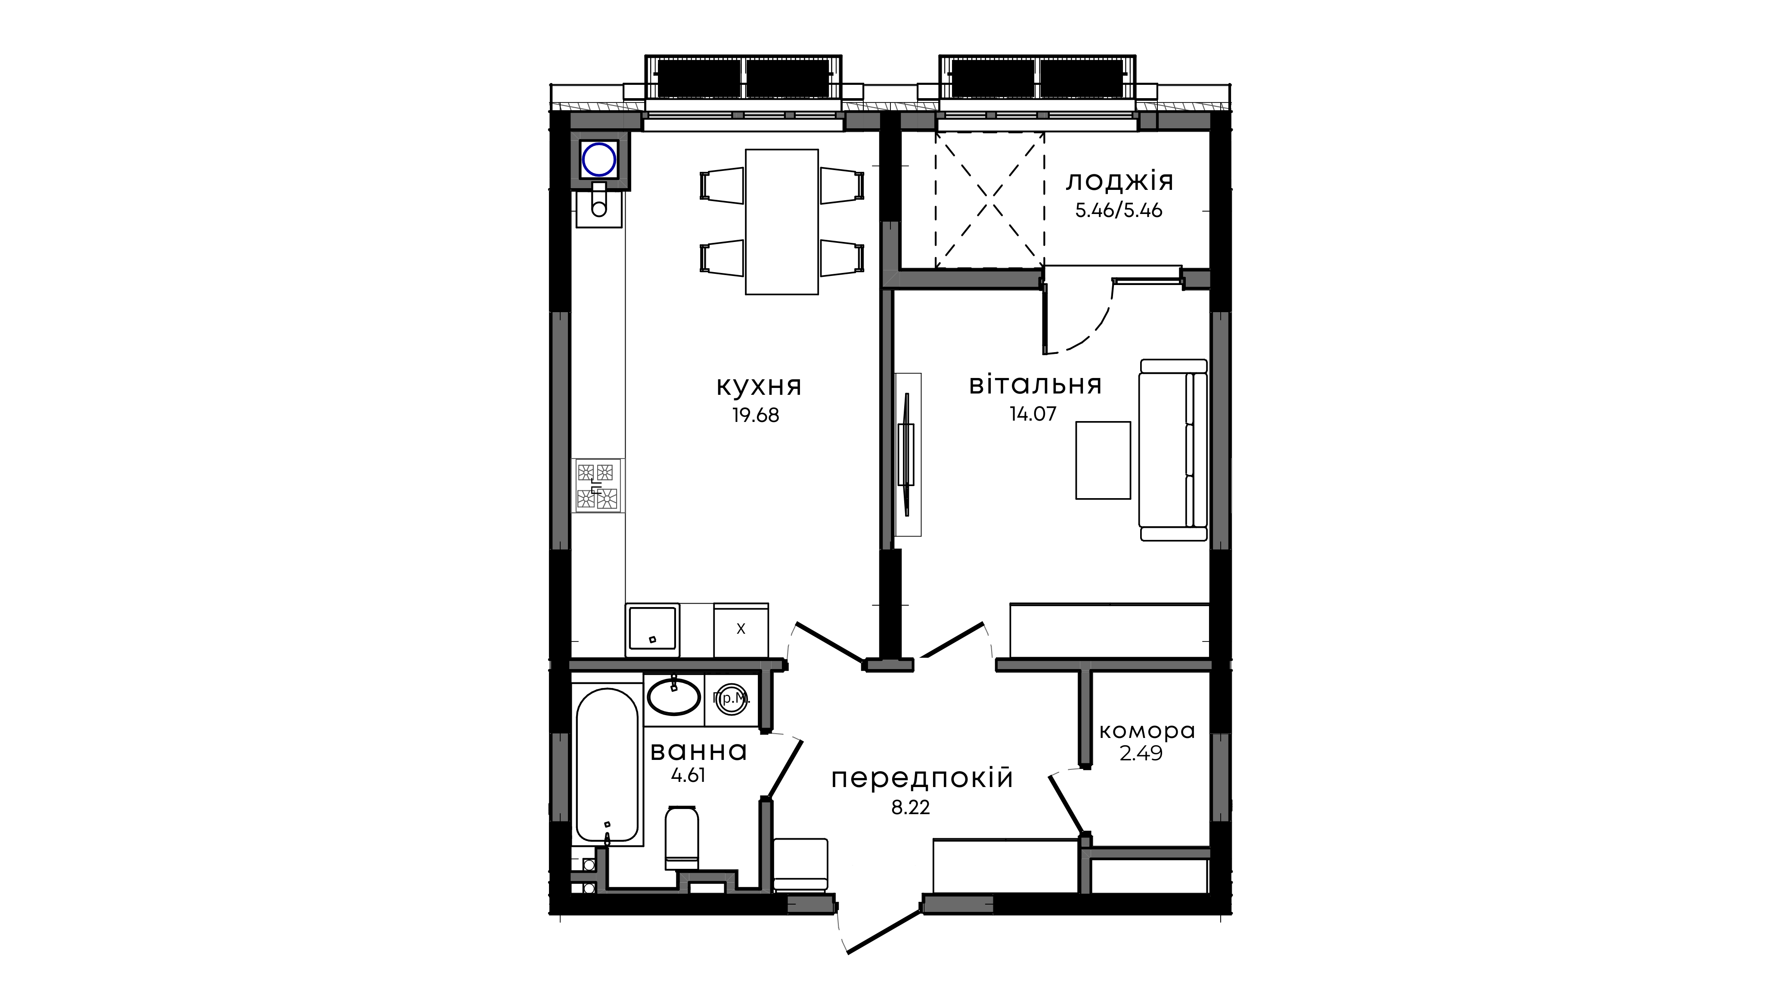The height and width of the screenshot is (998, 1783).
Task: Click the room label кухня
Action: click(759, 386)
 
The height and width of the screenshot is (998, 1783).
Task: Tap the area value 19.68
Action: click(756, 415)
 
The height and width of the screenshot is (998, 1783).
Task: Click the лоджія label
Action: click(1119, 181)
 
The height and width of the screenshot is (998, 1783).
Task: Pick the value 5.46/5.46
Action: click(1119, 211)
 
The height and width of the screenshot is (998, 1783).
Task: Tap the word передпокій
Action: click(922, 778)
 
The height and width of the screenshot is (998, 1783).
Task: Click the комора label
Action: click(1147, 731)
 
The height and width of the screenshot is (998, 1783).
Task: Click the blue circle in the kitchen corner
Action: click(599, 160)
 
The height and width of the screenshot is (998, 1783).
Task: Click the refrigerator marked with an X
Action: click(741, 629)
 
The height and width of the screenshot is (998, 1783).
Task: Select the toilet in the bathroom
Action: click(682, 837)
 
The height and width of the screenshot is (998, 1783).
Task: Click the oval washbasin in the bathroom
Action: click(673, 697)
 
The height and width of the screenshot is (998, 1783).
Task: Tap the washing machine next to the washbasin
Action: click(732, 700)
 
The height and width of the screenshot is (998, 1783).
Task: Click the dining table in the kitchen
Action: click(781, 222)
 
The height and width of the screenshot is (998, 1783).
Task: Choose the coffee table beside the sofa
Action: click(1103, 460)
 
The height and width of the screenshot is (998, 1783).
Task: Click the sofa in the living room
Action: click(1173, 450)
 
